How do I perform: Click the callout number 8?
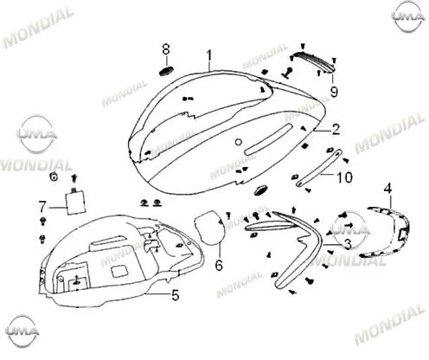[166, 49]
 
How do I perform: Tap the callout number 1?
[209, 55]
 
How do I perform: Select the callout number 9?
[334, 92]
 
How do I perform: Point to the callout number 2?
[336, 130]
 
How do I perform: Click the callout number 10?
[345, 177]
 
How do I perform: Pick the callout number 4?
[387, 189]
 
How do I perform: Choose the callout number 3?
[348, 244]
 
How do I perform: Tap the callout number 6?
[219, 265]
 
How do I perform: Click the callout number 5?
[176, 295]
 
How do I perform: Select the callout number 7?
[42, 207]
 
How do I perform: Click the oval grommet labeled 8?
[167, 70]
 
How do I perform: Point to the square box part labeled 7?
[75, 203]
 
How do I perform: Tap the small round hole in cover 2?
[239, 142]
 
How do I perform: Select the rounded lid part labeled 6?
[210, 228]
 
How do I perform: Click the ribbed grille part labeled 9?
[313, 61]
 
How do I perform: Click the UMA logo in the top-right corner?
[408, 16]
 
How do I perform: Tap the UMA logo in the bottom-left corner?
[22, 330]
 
